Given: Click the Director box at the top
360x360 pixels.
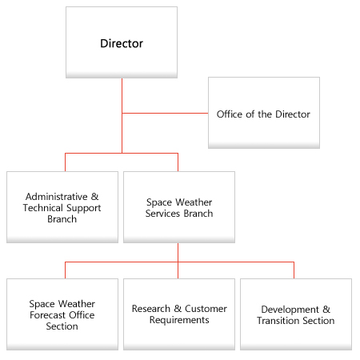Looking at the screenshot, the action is pos(122,42).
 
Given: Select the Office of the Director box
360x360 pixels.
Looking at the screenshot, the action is pos(264,113).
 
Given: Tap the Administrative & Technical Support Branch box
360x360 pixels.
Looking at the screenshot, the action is pos(62,207).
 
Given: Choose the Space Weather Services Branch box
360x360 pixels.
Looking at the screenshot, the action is pos(179,207).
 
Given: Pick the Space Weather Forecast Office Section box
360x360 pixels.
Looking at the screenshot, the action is pos(62,314).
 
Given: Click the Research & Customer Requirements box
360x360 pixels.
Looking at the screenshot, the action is pos(179,314).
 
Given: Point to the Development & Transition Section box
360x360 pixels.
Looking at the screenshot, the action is pos(296,314).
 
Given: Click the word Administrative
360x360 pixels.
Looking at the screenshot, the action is pos(57,197).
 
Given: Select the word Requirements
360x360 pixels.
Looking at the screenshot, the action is pos(179,320).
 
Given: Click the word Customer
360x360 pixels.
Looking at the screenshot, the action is pos(206,309).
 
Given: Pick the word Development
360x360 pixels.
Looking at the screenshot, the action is pos(290,310).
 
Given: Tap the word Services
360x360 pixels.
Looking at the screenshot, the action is pos(162,214).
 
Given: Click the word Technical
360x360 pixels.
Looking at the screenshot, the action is pos(43,208).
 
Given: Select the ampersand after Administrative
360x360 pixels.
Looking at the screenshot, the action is pos(94,197).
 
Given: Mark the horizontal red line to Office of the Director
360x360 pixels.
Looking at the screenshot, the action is pos(165,113).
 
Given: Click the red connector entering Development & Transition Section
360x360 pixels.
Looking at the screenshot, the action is pos(294,270).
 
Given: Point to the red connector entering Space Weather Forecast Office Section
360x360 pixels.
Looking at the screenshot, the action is pos(65,270).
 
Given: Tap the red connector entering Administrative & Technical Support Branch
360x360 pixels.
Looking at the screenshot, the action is pos(65,162).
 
